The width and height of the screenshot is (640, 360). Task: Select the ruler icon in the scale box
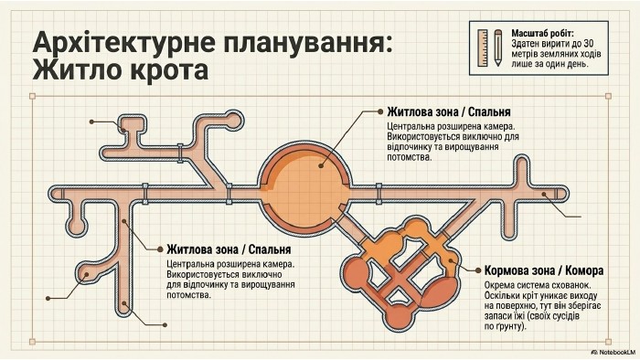[483, 48]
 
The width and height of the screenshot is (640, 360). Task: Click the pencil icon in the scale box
[497, 48]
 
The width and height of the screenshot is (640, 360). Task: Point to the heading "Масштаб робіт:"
[542, 34]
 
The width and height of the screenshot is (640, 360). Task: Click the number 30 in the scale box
[589, 44]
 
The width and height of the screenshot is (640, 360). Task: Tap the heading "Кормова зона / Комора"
[544, 270]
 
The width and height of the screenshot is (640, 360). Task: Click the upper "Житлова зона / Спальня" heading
[449, 111]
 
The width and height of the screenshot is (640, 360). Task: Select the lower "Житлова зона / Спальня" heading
[229, 249]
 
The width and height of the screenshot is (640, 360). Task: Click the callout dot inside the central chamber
[321, 166]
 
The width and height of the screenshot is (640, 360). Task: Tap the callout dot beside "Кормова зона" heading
[478, 270]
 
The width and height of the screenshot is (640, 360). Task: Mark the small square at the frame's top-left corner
[33, 96]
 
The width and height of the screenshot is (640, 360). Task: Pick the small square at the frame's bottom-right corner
[608, 342]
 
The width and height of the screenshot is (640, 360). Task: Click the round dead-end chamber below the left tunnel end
[76, 225]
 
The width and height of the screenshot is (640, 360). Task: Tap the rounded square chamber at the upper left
[132, 124]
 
